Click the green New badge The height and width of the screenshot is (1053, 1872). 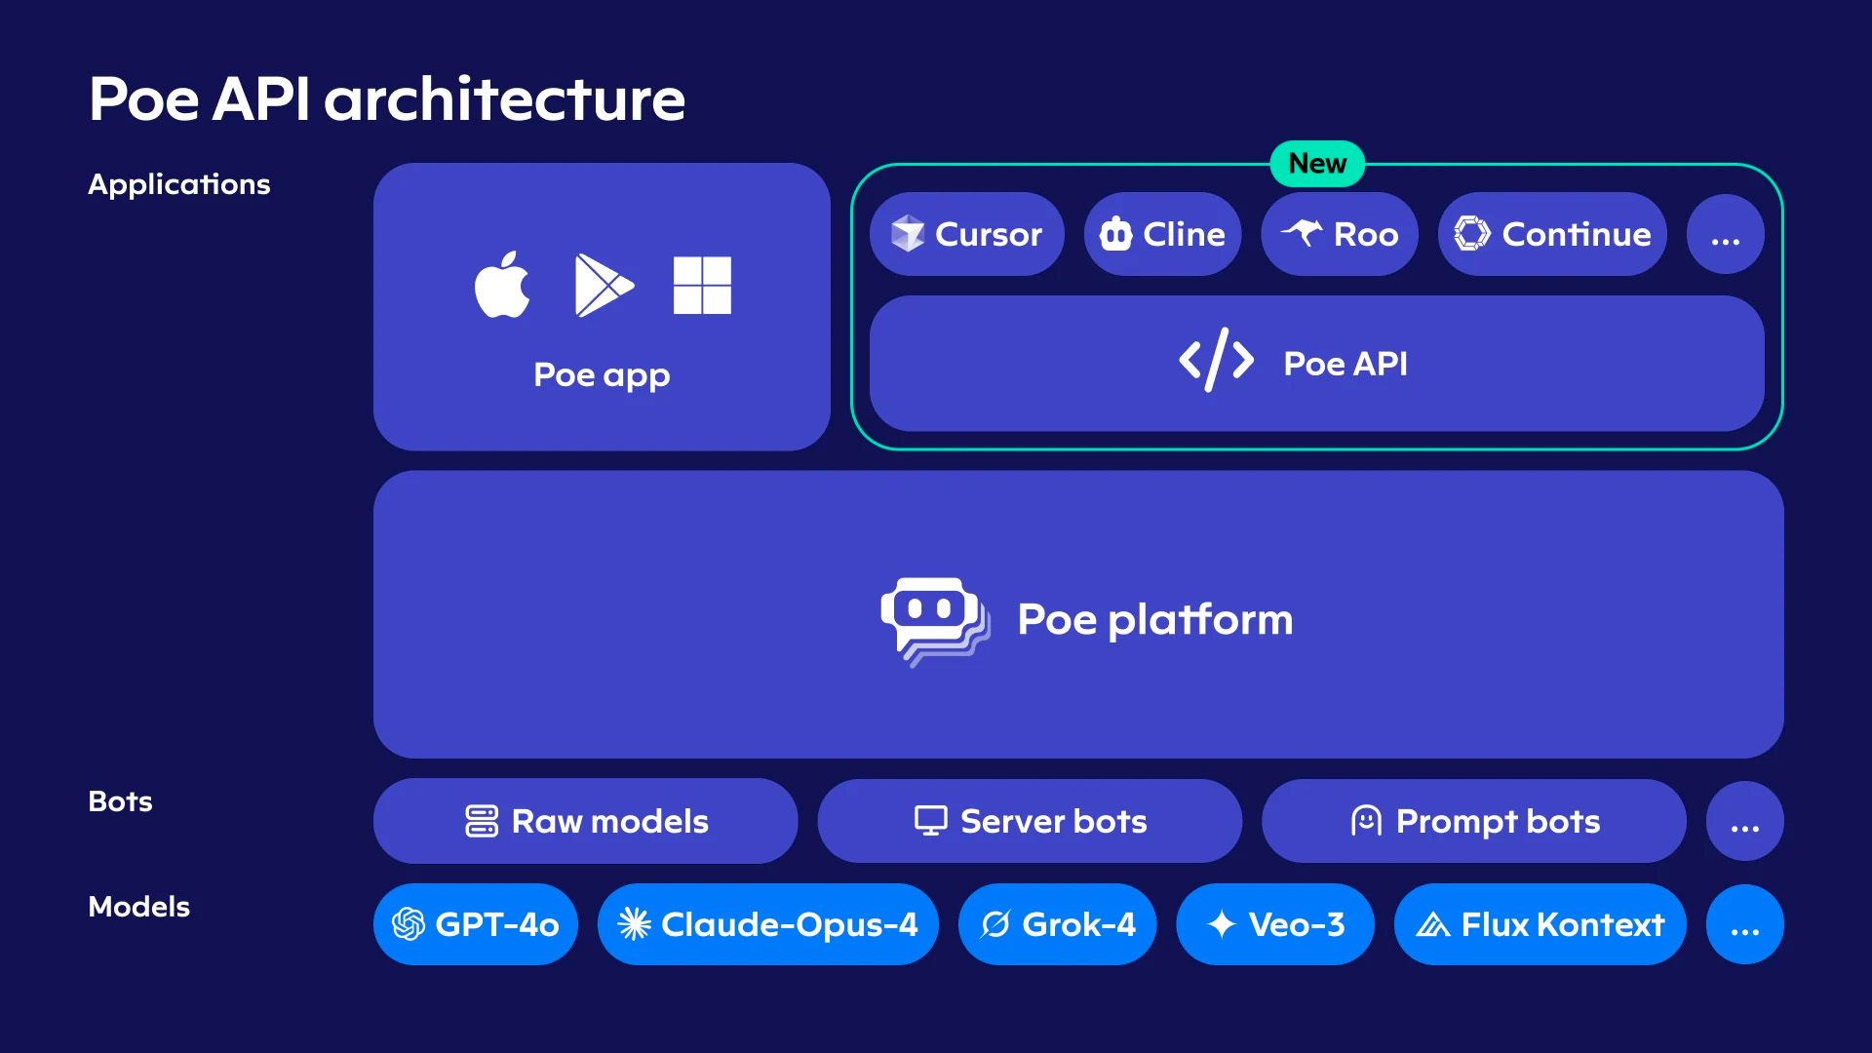tap(1317, 163)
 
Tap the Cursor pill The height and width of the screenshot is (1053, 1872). tap(966, 234)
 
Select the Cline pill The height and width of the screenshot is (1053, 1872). tap(1162, 234)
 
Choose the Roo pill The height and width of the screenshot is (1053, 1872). tap(1340, 234)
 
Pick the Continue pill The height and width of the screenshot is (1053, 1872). tap(1552, 234)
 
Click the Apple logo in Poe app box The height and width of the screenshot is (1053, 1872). tap(502, 285)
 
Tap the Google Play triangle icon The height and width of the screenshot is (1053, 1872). tap(604, 285)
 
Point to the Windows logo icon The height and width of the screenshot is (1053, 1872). tap(702, 285)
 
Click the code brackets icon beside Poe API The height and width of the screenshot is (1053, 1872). tap(1216, 360)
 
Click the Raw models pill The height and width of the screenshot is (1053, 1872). tap(585, 821)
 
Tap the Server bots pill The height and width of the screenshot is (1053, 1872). tap(1030, 821)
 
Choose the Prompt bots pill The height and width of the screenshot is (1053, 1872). tap(1473, 821)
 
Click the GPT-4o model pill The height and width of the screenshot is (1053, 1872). tap(476, 924)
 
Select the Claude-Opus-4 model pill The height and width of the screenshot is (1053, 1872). tap(768, 924)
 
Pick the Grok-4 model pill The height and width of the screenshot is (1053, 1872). tap(1058, 924)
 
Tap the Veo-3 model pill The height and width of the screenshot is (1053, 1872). tap(1275, 924)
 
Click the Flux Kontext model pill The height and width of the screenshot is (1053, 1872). tap(1540, 924)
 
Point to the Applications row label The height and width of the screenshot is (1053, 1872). tap(179, 184)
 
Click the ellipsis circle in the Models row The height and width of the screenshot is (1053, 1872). tap(1745, 924)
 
